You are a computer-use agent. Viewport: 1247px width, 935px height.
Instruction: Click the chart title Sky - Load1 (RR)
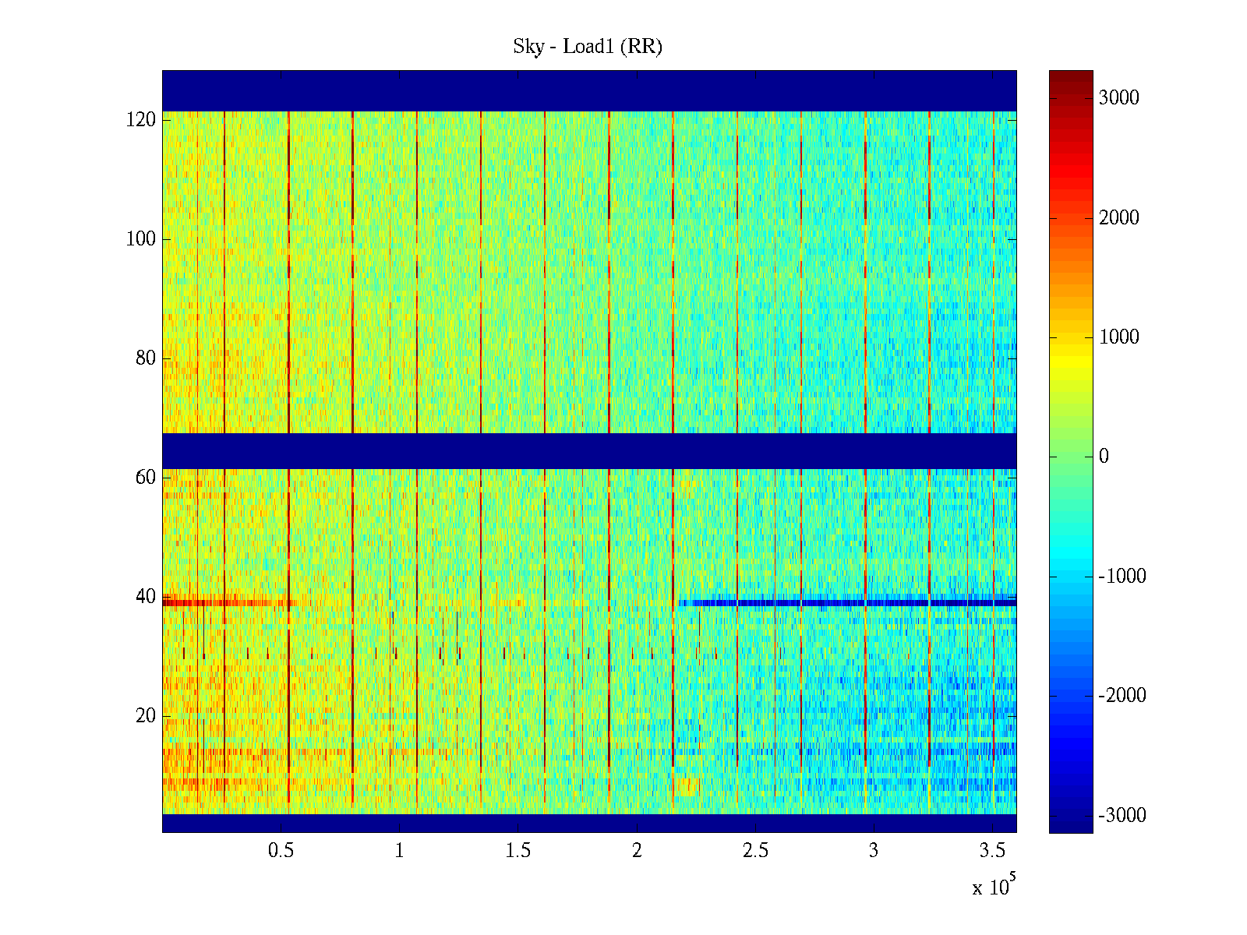(x=588, y=47)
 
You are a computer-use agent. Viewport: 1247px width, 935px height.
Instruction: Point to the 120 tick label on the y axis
(x=141, y=120)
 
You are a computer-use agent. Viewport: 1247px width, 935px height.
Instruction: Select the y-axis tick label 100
(x=141, y=239)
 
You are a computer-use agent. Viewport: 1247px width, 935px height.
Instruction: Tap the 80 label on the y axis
(x=146, y=358)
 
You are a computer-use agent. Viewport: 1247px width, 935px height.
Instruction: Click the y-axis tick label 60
(x=146, y=478)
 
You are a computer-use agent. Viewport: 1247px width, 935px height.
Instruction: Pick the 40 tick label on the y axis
(x=146, y=597)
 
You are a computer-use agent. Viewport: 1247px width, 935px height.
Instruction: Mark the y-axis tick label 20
(x=146, y=716)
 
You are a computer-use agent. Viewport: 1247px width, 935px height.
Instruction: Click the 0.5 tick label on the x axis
(x=281, y=851)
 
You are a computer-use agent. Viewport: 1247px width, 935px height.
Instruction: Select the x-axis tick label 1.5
(x=518, y=851)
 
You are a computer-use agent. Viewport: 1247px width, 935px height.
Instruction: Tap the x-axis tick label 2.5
(x=754, y=851)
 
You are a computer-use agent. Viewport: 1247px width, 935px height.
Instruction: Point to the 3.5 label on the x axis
(x=992, y=851)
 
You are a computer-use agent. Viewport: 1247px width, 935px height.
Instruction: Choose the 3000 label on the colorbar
(x=1119, y=98)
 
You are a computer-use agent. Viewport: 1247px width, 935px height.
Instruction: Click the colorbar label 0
(x=1104, y=457)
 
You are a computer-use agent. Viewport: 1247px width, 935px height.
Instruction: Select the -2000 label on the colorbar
(x=1122, y=696)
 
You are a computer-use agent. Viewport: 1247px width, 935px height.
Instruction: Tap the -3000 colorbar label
(x=1122, y=816)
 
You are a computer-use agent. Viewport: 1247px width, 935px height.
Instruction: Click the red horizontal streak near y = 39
(x=226, y=602)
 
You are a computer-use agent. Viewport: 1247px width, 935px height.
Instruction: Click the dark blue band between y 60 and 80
(x=589, y=450)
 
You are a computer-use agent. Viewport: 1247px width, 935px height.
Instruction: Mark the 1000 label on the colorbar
(x=1119, y=337)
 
